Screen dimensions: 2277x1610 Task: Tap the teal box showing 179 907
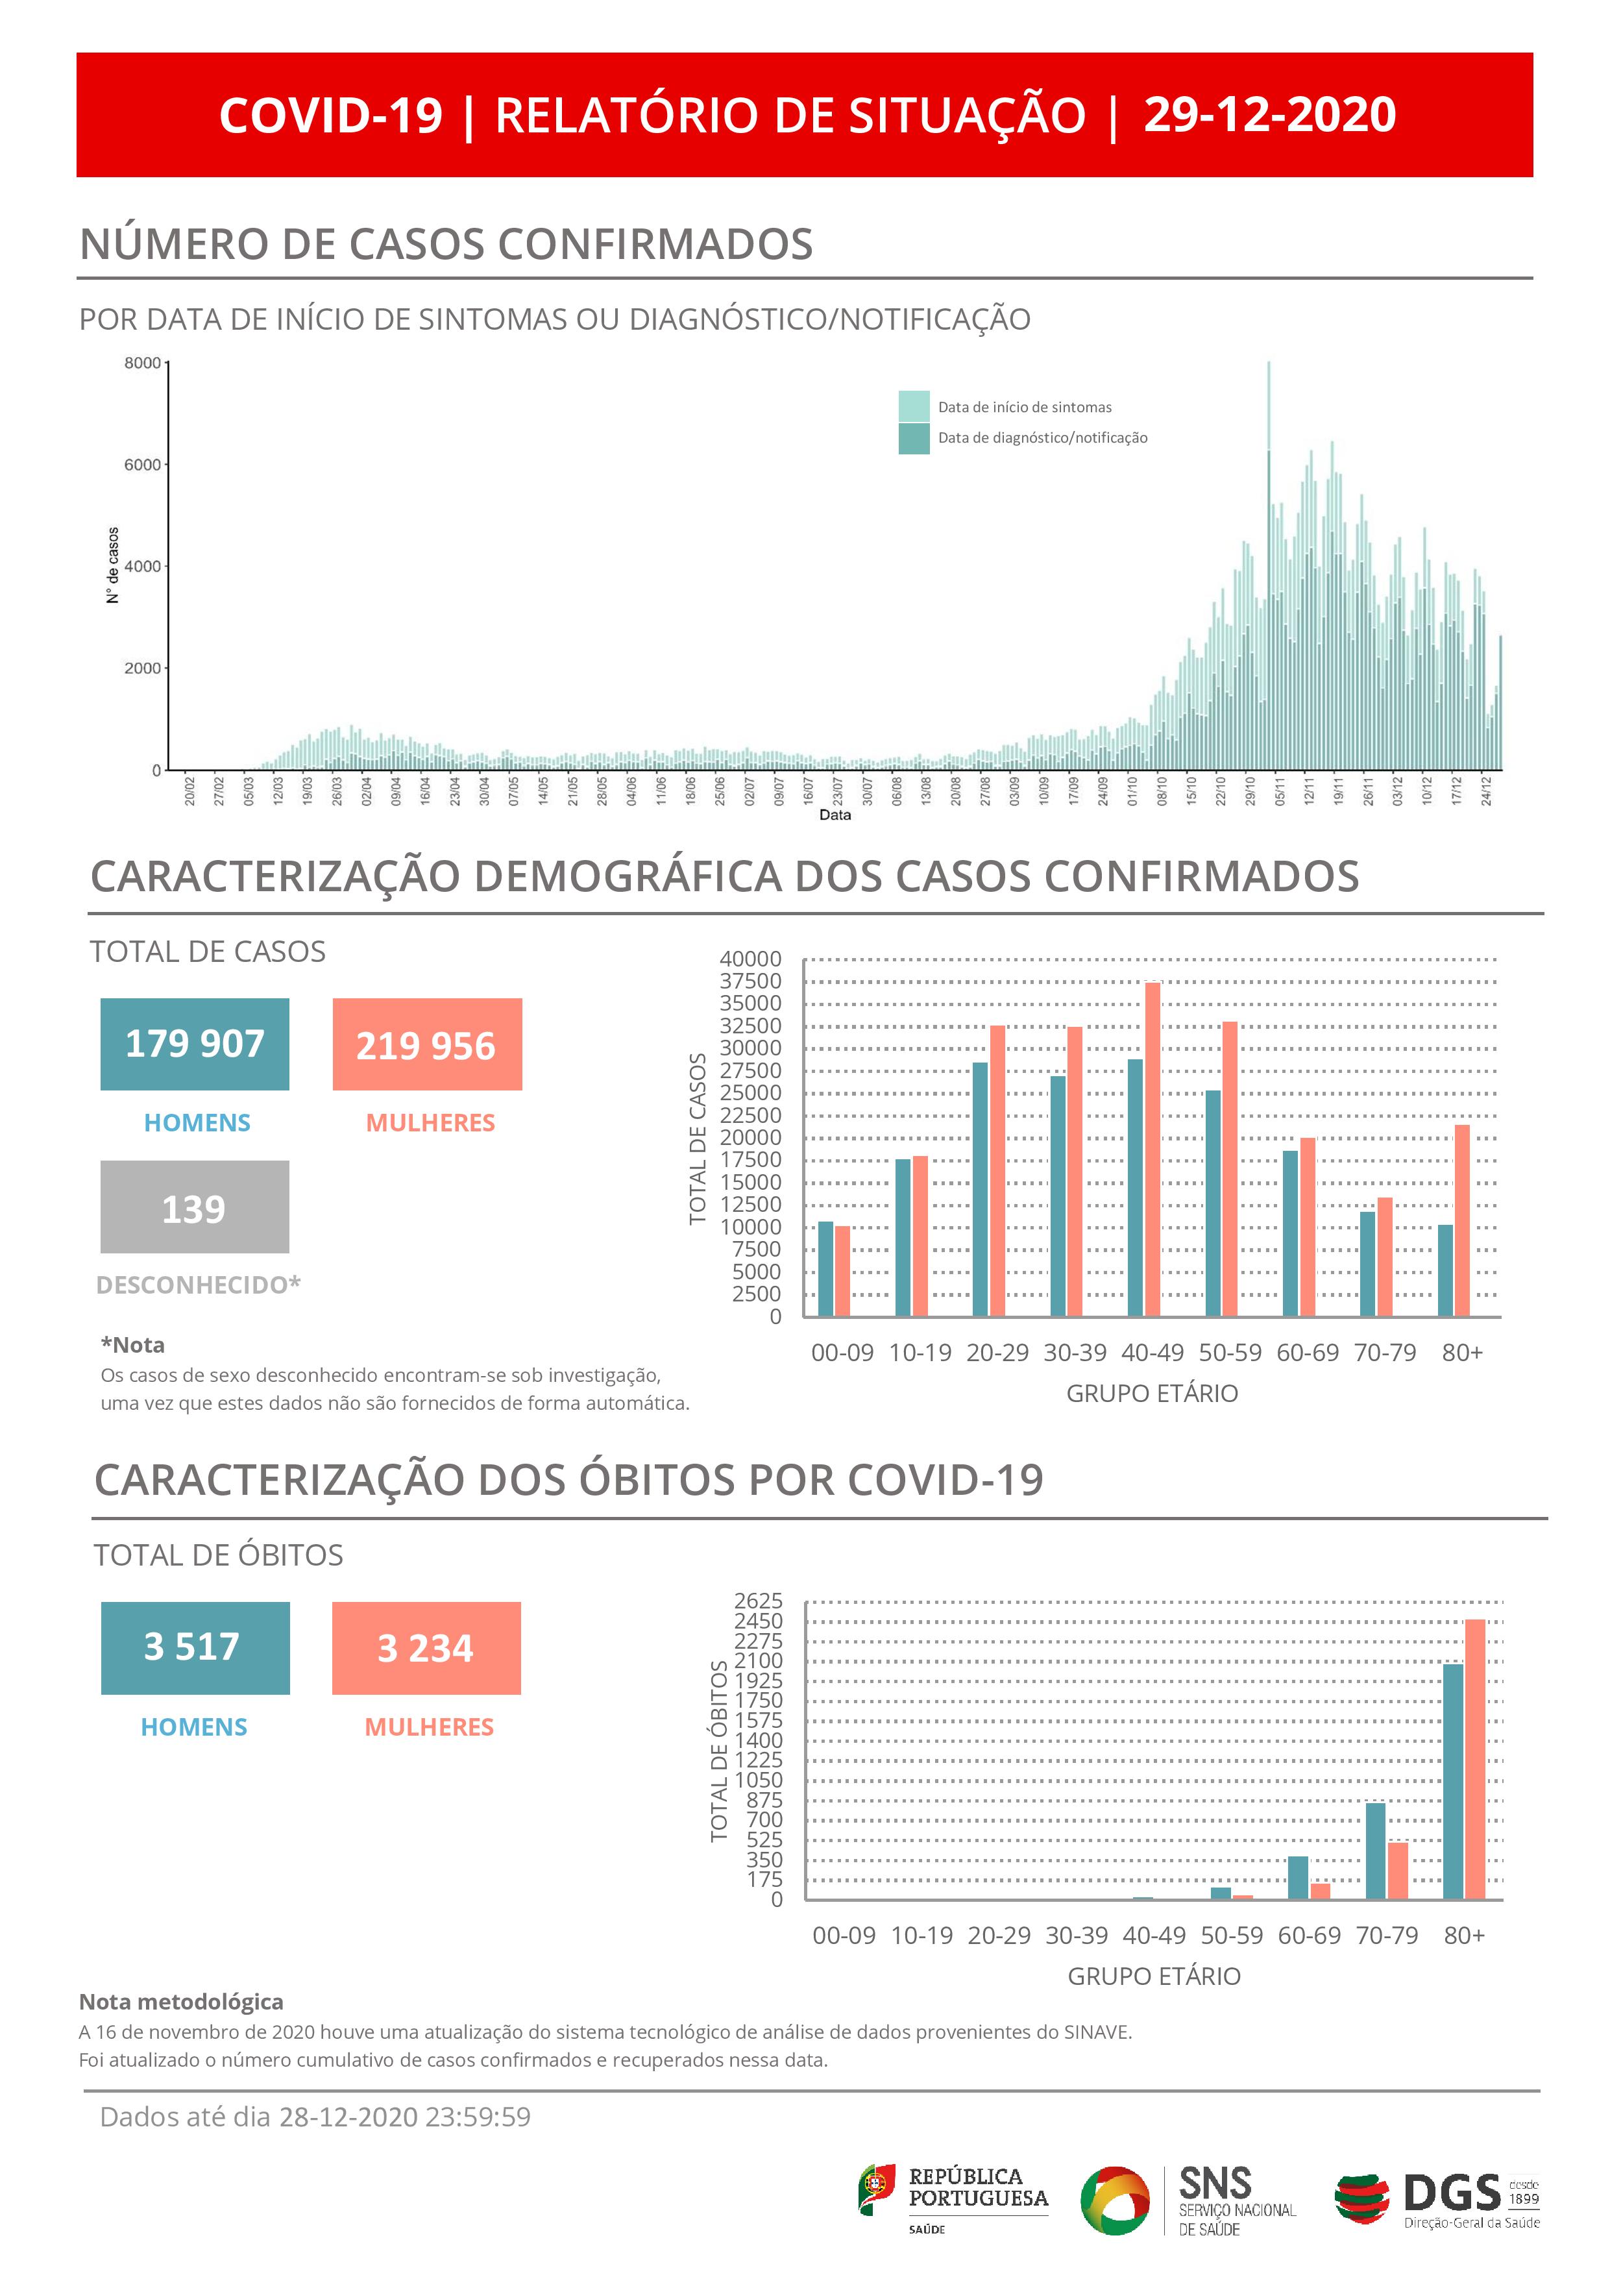coord(194,1044)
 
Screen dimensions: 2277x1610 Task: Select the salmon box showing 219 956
coord(426,1044)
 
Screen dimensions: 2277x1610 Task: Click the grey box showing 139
coord(194,1207)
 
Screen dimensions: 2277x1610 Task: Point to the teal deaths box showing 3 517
coord(195,1647)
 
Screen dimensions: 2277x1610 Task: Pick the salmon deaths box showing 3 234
coord(426,1647)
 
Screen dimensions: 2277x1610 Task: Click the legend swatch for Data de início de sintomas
coord(913,406)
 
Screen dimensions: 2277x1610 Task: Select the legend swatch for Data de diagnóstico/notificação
coord(913,438)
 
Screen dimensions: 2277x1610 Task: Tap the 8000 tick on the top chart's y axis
coord(141,363)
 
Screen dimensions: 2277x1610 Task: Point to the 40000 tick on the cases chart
coord(750,959)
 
